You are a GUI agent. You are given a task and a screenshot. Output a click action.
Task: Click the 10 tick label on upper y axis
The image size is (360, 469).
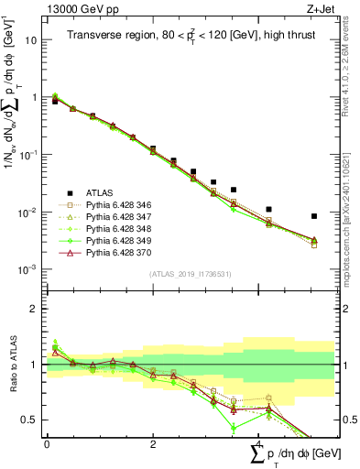tap(30, 41)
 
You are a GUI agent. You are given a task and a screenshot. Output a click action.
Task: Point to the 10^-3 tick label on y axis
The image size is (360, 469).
tap(28, 270)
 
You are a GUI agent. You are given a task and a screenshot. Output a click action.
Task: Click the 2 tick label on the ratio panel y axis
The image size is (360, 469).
tap(33, 309)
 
